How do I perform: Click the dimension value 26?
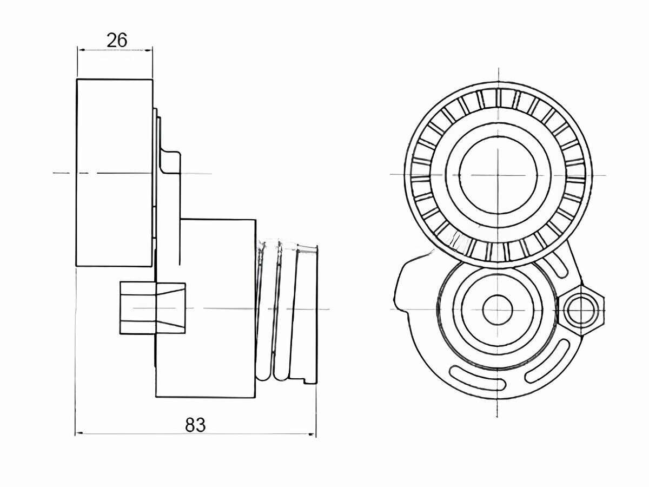pyautogui.click(x=117, y=40)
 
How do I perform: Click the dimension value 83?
pyautogui.click(x=195, y=425)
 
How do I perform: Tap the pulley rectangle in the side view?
pyautogui.click(x=115, y=173)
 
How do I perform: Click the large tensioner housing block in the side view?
pyautogui.click(x=206, y=308)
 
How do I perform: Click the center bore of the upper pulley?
pyautogui.click(x=498, y=175)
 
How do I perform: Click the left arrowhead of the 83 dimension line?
pyautogui.click(x=79, y=434)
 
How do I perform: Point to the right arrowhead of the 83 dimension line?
pyautogui.click(x=312, y=434)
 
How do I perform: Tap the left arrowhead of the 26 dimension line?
pyautogui.click(x=81, y=50)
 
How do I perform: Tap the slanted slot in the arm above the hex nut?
pyautogui.click(x=558, y=261)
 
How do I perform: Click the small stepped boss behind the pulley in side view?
pyautogui.click(x=170, y=162)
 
